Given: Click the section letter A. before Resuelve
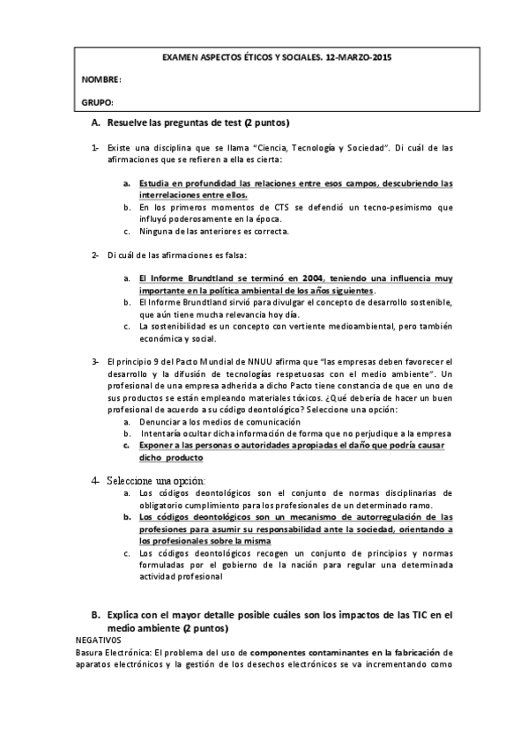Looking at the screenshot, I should tap(96, 122).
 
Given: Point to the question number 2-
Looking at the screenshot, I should tap(95, 255).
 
